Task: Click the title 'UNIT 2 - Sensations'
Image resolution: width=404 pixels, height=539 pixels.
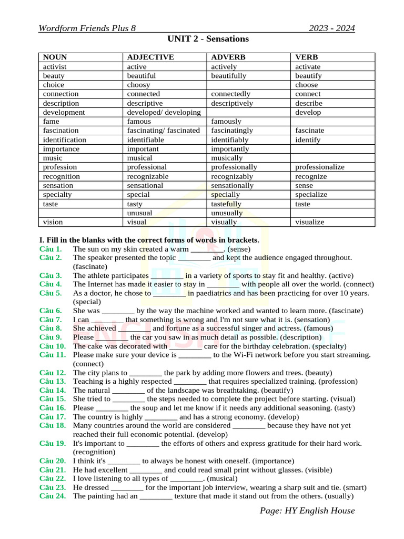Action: point(208,39)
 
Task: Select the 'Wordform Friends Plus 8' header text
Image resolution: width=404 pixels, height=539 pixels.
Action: point(87,28)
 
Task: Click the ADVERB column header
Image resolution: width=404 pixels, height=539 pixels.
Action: point(228,57)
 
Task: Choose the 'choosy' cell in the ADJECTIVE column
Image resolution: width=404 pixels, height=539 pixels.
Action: point(139,85)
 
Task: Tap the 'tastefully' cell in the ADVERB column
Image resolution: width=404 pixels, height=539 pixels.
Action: point(226,204)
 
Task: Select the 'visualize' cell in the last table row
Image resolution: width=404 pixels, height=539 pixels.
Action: point(310,222)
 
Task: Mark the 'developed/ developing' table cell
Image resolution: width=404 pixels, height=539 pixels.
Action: point(164,112)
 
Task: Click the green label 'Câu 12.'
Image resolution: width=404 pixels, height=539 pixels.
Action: point(53,372)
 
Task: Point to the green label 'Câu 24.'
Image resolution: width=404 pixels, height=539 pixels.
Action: point(53,496)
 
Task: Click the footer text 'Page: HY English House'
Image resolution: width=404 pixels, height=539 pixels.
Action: point(307,511)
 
